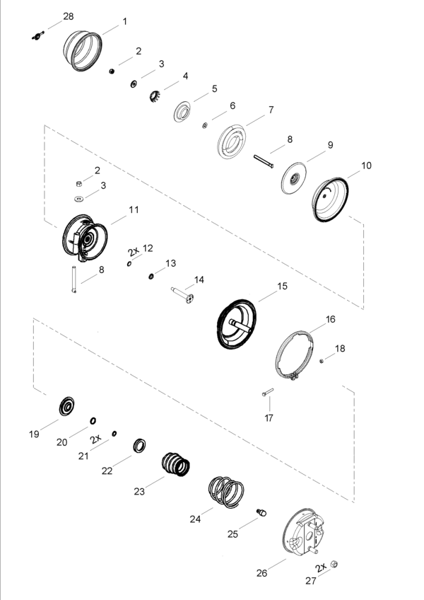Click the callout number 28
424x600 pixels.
69,16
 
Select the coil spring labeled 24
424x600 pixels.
226,492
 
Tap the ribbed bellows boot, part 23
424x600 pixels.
175,464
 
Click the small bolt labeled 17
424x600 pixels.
268,392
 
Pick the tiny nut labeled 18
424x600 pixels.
322,360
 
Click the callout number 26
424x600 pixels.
262,573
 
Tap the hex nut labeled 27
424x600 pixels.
334,564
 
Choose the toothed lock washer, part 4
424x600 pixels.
155,96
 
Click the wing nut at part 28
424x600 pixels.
37,36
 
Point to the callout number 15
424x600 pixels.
282,286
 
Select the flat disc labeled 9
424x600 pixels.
294,178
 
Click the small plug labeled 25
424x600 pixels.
261,512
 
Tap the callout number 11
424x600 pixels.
134,209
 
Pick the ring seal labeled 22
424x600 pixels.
139,446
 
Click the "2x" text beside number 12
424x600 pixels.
134,251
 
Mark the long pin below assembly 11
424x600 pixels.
73,279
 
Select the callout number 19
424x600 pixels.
34,434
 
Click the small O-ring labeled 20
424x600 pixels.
93,421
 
